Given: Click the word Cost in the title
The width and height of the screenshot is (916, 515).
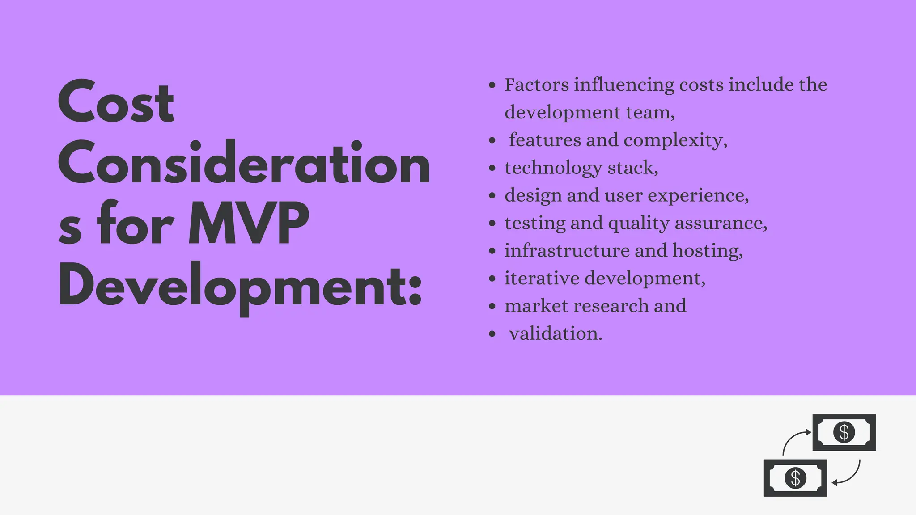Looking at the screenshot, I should [116, 103].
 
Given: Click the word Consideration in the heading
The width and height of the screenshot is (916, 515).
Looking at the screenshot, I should [244, 163].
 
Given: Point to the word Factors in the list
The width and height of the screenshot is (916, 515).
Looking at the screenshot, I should [536, 84].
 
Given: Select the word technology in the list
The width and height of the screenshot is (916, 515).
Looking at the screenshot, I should [553, 168].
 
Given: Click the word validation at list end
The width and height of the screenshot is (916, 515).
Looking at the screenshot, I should [555, 333].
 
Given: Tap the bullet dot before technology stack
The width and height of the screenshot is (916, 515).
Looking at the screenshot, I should [492, 169].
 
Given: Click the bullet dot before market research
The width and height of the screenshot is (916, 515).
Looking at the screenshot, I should [492, 307].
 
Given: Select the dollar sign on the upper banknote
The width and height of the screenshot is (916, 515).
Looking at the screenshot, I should [844, 432].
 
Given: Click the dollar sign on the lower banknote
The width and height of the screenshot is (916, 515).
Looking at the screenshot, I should [795, 478].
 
